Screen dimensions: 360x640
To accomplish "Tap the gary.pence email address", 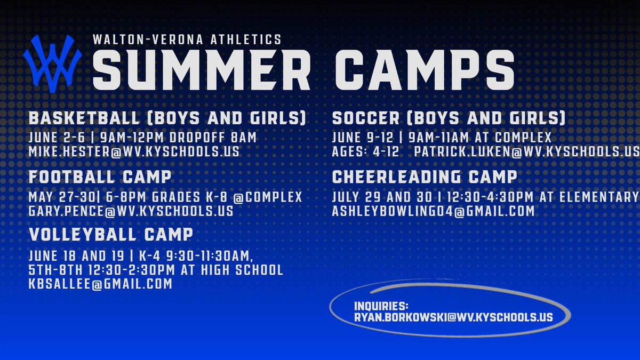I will [131, 211].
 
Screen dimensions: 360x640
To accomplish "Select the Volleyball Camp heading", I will [111, 235].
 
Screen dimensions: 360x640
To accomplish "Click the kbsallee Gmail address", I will [100, 284].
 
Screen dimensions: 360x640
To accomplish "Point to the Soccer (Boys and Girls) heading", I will [449, 118].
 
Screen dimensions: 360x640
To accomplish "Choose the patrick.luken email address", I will [527, 151].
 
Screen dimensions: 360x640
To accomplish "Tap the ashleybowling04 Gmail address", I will [433, 211].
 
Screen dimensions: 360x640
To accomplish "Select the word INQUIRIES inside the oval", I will [381, 307].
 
